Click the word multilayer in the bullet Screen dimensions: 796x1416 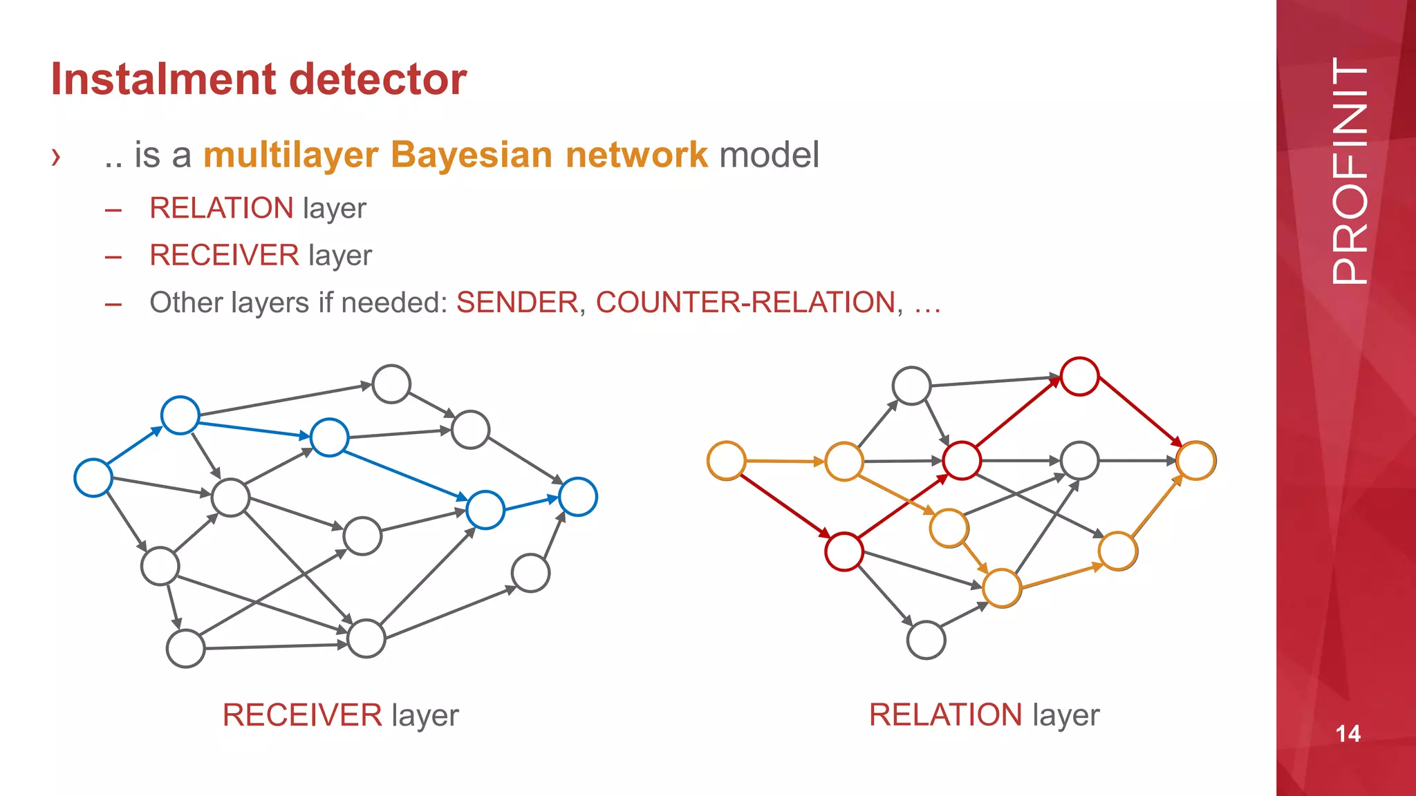[290, 155]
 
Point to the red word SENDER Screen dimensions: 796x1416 [517, 303]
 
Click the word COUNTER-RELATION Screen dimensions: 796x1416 [745, 303]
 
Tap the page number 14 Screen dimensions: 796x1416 [1348, 734]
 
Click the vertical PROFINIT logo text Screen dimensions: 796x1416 [1349, 171]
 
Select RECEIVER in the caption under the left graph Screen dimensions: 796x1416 [302, 715]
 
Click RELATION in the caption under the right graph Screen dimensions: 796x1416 [945, 715]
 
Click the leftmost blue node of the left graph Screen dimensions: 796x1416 [93, 477]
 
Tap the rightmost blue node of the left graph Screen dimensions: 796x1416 [578, 497]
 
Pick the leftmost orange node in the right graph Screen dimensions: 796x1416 [727, 461]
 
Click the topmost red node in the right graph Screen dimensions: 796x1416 [1079, 377]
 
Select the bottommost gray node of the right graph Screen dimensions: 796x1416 [926, 640]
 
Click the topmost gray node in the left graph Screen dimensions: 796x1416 [391, 384]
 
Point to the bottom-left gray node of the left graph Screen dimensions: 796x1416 [185, 648]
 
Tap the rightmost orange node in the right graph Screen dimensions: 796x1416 [1196, 461]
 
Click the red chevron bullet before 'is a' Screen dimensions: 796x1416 [56, 158]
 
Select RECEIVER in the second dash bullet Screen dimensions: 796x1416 [224, 256]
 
